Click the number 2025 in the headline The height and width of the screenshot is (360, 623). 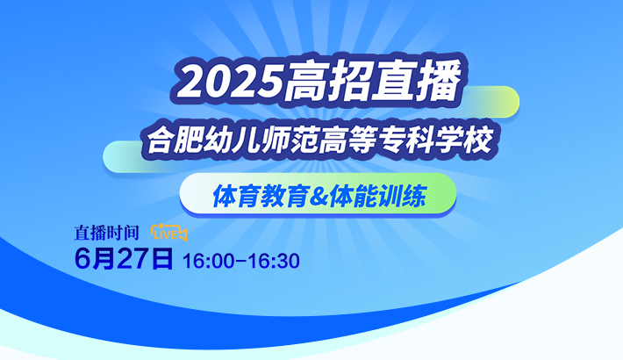point(231,83)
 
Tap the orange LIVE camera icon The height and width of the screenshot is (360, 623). point(168,233)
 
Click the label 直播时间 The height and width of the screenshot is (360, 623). point(106,233)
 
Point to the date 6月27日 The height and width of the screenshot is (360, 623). point(124,259)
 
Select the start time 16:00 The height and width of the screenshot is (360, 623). point(209,262)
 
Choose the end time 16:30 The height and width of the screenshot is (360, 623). point(274,262)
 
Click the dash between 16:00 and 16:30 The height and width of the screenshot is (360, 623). point(241,262)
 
